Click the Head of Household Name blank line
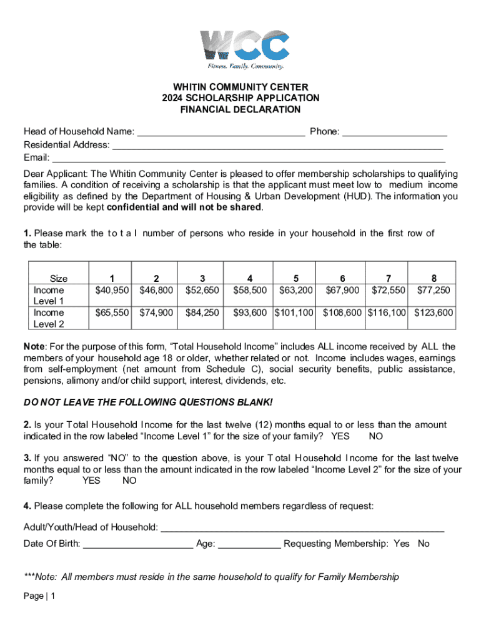221,132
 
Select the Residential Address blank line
277,146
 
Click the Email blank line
248,158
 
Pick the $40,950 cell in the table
111,290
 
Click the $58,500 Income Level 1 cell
250,290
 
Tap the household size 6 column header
342,279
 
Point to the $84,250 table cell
202,312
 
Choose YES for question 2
340,436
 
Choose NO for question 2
375,436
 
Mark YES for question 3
91,481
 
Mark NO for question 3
129,481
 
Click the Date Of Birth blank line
138,544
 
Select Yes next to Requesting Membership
401,544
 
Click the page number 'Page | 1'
39,596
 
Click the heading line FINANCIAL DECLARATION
241,110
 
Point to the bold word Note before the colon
33,347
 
